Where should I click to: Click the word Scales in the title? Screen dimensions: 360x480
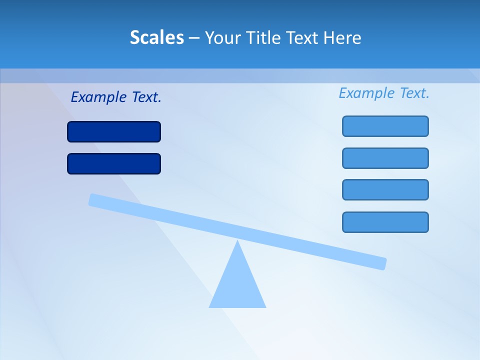coord(157,37)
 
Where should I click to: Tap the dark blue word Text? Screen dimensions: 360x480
coord(146,97)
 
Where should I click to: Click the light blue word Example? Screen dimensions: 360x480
coord(367,93)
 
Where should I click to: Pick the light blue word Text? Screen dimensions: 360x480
coord(414,93)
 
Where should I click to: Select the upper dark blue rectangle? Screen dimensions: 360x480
coord(114,132)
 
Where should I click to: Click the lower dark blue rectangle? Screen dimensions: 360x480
coord(114,164)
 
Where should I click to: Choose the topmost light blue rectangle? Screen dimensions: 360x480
coord(385,126)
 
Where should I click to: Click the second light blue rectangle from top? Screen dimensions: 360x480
coord(385,158)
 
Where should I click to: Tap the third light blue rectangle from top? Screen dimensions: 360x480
coord(385,190)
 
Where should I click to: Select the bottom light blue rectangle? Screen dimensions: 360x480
coord(385,222)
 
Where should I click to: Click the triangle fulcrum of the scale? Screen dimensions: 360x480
coord(237,285)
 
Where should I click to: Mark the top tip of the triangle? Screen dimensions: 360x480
coord(237,242)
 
